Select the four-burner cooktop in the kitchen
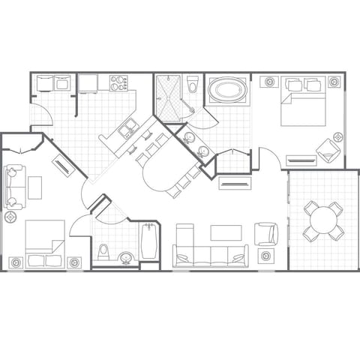click(x=118, y=83)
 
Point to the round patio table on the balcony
click(x=323, y=220)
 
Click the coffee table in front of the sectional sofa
click(x=226, y=232)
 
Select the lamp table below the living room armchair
click(x=266, y=256)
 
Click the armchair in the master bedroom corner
click(x=327, y=151)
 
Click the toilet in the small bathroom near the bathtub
click(x=103, y=249)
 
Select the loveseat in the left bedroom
click(x=13, y=187)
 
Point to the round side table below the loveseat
click(x=10, y=217)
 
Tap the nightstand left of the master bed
click(x=267, y=82)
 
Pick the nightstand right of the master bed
click(x=334, y=82)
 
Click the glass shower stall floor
click(x=169, y=97)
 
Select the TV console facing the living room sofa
click(x=234, y=183)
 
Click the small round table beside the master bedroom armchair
click(x=337, y=137)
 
